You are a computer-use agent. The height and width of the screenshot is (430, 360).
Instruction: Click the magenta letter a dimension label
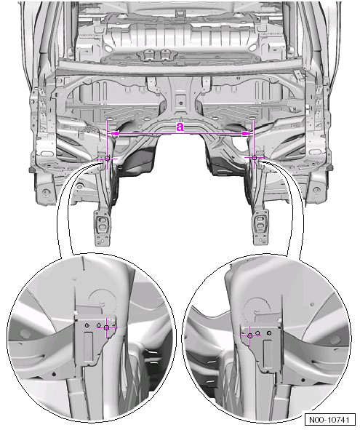click(180, 127)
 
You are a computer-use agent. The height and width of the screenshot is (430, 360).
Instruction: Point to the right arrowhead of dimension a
click(247, 134)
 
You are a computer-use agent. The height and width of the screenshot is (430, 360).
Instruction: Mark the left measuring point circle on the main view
click(107, 158)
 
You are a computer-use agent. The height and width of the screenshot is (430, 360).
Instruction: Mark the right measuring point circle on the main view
click(254, 157)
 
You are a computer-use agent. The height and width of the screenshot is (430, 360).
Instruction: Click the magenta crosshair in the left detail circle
click(107, 327)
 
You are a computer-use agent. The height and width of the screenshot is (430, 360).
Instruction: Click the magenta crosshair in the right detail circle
click(249, 335)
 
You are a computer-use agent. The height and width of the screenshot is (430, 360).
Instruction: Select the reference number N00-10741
click(329, 420)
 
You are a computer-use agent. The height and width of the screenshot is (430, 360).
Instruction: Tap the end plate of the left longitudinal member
click(102, 227)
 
